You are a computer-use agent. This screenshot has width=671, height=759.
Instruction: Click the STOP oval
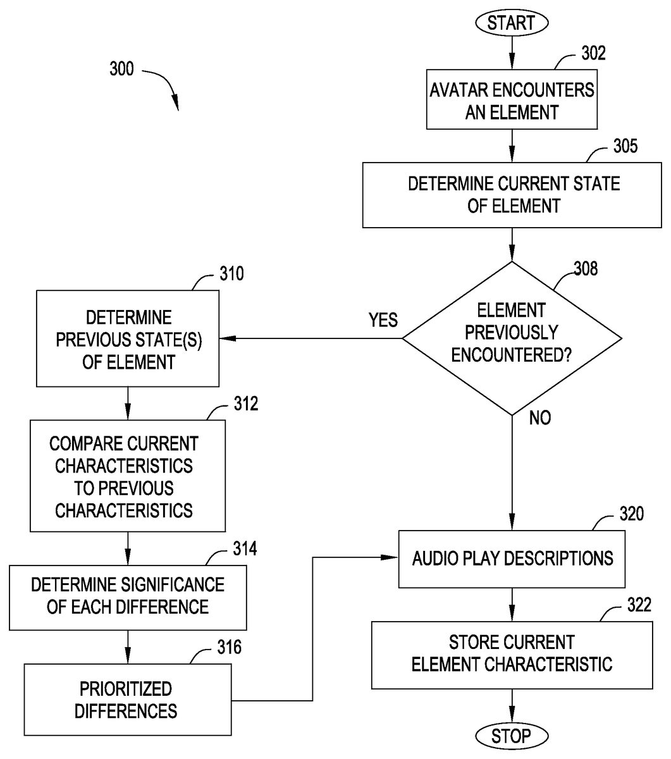click(x=511, y=736)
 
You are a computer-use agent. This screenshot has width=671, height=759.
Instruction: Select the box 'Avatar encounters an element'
click(x=512, y=101)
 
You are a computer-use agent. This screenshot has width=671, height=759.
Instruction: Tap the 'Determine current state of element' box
click(x=512, y=195)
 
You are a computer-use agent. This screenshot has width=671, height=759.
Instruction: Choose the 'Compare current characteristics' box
click(x=127, y=476)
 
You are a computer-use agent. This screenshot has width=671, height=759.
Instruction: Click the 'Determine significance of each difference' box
click(x=128, y=595)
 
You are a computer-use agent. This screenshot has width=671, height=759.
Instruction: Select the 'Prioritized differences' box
click(x=127, y=699)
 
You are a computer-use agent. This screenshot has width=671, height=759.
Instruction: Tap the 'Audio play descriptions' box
click(x=512, y=558)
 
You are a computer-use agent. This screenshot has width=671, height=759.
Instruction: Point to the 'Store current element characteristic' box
click(x=512, y=654)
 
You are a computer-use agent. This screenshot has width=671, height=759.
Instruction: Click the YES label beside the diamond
click(x=383, y=320)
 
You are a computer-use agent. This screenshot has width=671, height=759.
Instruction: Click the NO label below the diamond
click(x=539, y=418)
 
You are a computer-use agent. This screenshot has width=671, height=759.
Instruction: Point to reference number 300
click(x=121, y=68)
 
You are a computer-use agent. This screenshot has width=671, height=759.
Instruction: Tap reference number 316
click(x=229, y=647)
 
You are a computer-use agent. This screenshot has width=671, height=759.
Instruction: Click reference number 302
click(x=593, y=53)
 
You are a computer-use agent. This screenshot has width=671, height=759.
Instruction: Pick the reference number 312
click(x=245, y=404)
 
